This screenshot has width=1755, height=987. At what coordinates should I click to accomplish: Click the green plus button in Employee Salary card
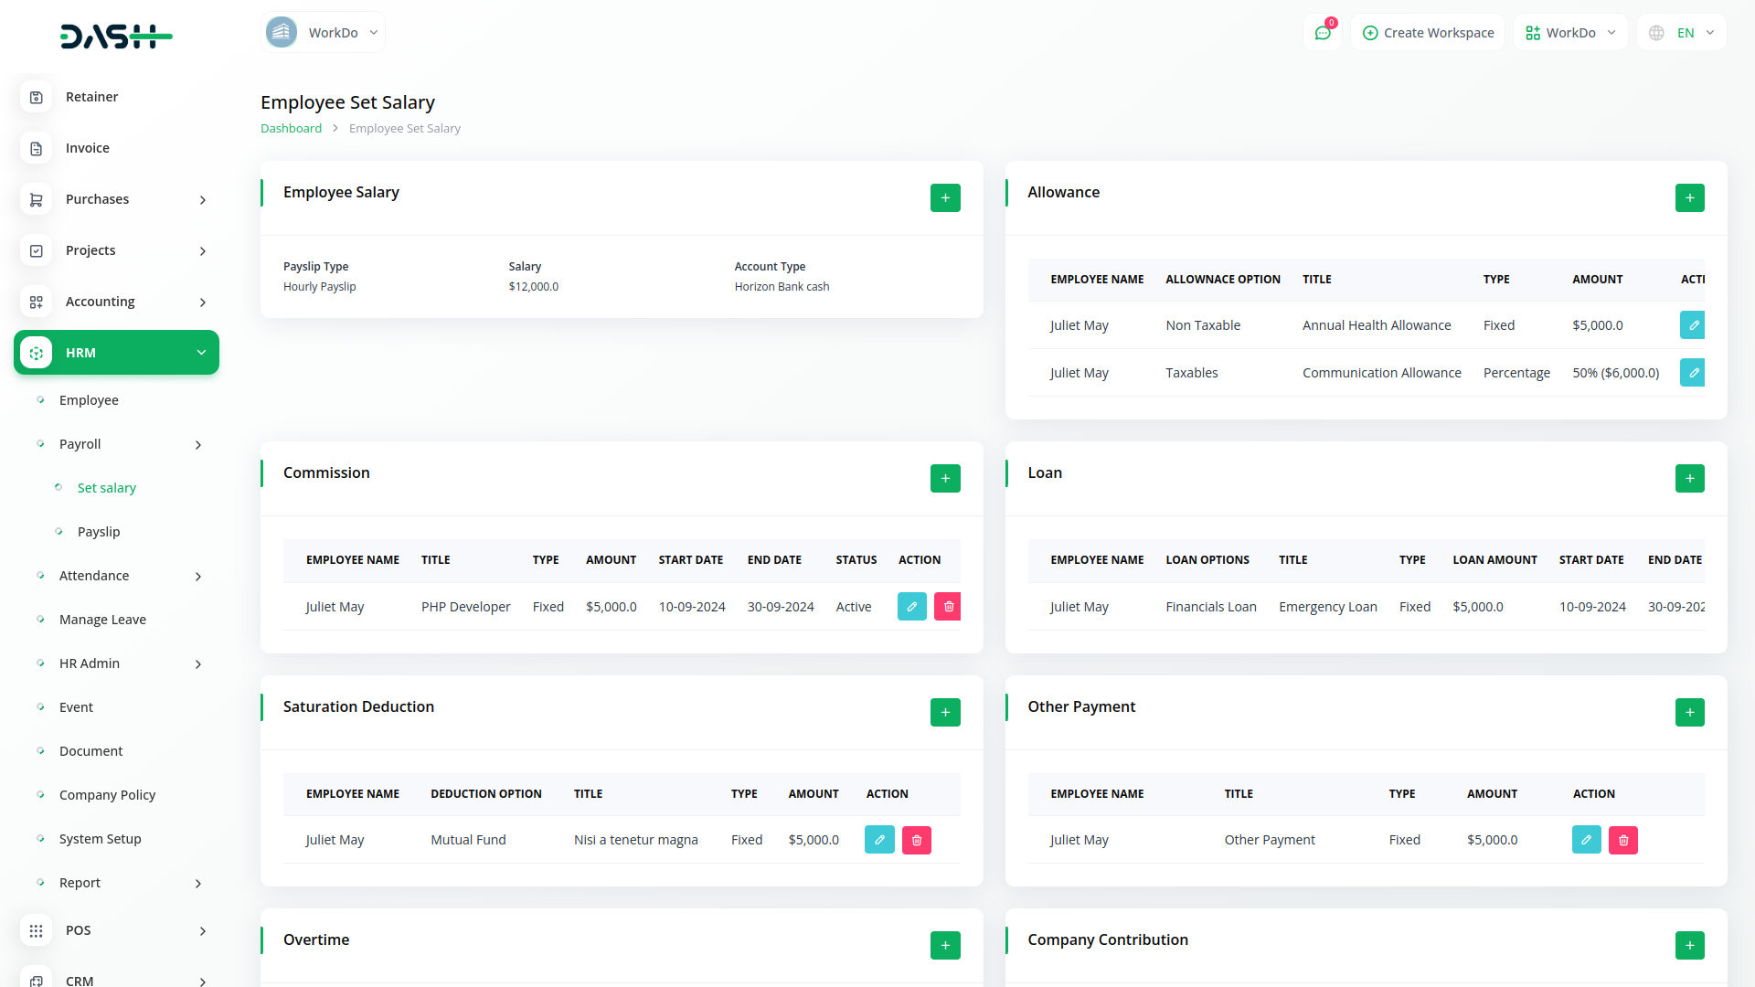click(x=945, y=197)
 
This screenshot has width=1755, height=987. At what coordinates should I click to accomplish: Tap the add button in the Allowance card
click(x=1689, y=197)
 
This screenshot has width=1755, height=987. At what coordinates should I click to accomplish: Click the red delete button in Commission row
click(x=948, y=607)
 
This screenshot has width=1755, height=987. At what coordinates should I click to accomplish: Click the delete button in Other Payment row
click(x=1622, y=840)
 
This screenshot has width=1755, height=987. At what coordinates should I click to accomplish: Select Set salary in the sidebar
click(x=106, y=488)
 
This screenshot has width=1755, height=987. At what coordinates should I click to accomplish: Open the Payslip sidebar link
click(x=99, y=532)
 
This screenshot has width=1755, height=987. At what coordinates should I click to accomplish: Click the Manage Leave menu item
click(x=102, y=620)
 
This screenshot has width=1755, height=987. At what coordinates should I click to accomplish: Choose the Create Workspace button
click(x=1428, y=33)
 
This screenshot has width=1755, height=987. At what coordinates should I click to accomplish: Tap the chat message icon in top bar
click(x=1322, y=33)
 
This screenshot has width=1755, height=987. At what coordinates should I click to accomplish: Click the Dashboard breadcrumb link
click(x=291, y=129)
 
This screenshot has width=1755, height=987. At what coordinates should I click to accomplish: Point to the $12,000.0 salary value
click(x=534, y=287)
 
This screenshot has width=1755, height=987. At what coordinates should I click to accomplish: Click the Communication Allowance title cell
click(x=1381, y=373)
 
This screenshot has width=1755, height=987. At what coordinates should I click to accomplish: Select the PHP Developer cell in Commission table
click(x=465, y=607)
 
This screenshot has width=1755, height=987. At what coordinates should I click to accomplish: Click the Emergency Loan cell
click(x=1327, y=607)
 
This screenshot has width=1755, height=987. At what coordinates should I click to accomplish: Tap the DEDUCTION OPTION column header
click(x=486, y=794)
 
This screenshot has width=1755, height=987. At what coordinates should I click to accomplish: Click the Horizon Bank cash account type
click(x=782, y=287)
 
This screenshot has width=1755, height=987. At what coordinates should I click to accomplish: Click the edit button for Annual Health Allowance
click(x=1693, y=325)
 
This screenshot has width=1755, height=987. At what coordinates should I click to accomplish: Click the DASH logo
click(x=116, y=37)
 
